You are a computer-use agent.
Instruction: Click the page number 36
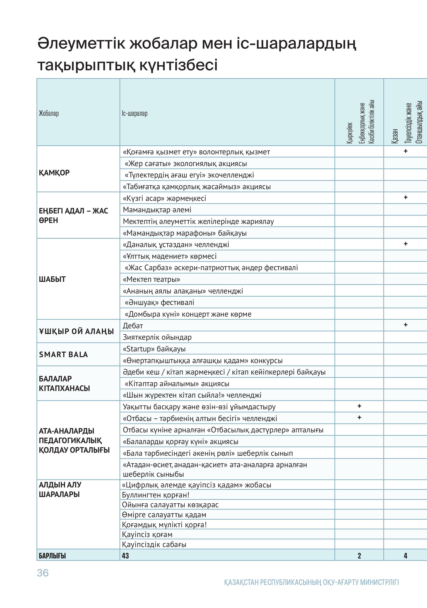[43, 573]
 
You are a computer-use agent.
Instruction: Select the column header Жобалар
[49, 113]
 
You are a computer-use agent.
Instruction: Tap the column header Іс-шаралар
[135, 113]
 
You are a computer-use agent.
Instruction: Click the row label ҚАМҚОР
[54, 173]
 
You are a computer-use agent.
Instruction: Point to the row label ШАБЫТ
[52, 279]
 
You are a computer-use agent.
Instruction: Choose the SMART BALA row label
[63, 354]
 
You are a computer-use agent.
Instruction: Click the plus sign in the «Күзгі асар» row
[405, 197]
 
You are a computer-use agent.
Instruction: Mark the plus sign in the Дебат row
[405, 325]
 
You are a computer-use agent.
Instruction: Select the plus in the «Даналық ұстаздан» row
[405, 244]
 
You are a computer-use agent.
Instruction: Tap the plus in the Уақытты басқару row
[359, 406]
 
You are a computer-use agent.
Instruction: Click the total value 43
[125, 556]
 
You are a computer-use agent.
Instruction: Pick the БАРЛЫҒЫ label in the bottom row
[52, 556]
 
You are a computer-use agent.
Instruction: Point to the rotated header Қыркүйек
[350, 133]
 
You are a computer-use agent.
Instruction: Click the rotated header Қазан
[395, 136]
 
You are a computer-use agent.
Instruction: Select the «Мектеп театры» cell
[151, 279]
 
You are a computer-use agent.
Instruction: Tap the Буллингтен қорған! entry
[156, 495]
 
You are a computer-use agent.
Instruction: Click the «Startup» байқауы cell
[154, 349]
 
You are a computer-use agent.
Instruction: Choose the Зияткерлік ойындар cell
[157, 337]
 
